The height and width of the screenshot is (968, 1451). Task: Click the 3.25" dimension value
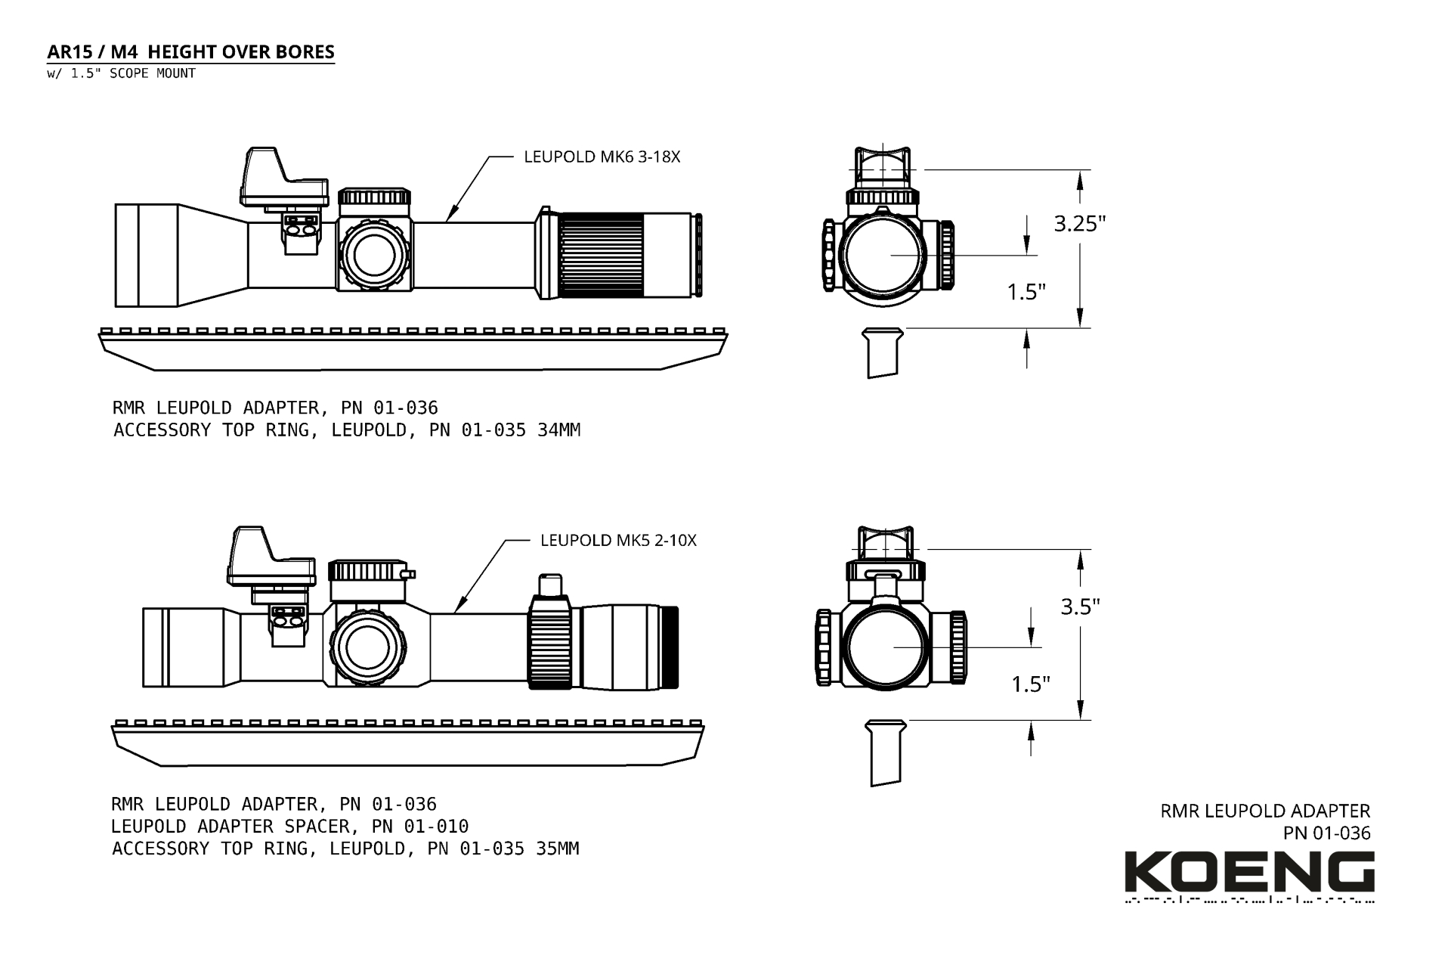1080,224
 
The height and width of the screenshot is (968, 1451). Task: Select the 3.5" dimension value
1080,607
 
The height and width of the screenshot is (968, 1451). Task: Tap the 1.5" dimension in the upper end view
1026,291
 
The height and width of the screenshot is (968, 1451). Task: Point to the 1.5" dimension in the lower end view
1031,684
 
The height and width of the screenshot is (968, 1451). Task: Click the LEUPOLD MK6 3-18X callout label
602,157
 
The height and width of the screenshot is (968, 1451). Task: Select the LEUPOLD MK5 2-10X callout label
618,541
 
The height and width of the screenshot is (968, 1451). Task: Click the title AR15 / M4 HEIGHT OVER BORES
190,52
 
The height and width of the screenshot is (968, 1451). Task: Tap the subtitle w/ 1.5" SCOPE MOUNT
121,73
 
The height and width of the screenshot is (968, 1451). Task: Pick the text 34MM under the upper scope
558,430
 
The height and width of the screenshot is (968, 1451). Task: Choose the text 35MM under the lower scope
557,849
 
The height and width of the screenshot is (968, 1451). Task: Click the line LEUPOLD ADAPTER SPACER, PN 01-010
289,827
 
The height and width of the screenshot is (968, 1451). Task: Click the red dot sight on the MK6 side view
284,177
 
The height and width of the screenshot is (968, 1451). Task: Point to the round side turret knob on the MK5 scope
368,647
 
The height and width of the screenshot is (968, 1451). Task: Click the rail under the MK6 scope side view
413,349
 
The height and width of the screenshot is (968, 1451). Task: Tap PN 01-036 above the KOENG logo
1326,833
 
